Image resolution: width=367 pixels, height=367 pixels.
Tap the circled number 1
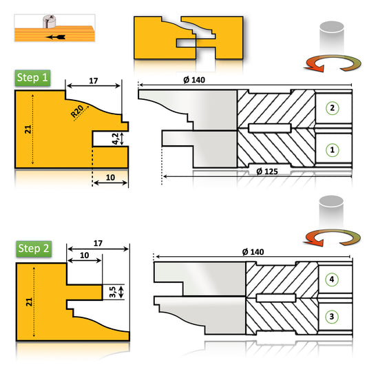pyautogui.click(x=332, y=149)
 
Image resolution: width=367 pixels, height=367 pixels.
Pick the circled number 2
pyautogui.click(x=332, y=108)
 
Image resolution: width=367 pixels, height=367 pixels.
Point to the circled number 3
pyautogui.click(x=332, y=315)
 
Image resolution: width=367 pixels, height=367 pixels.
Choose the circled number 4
pyautogui.click(x=332, y=280)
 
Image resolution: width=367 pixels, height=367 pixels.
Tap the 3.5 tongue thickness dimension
pyautogui.click(x=112, y=291)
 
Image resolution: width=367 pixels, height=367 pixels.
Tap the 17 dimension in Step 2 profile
pyautogui.click(x=98, y=242)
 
